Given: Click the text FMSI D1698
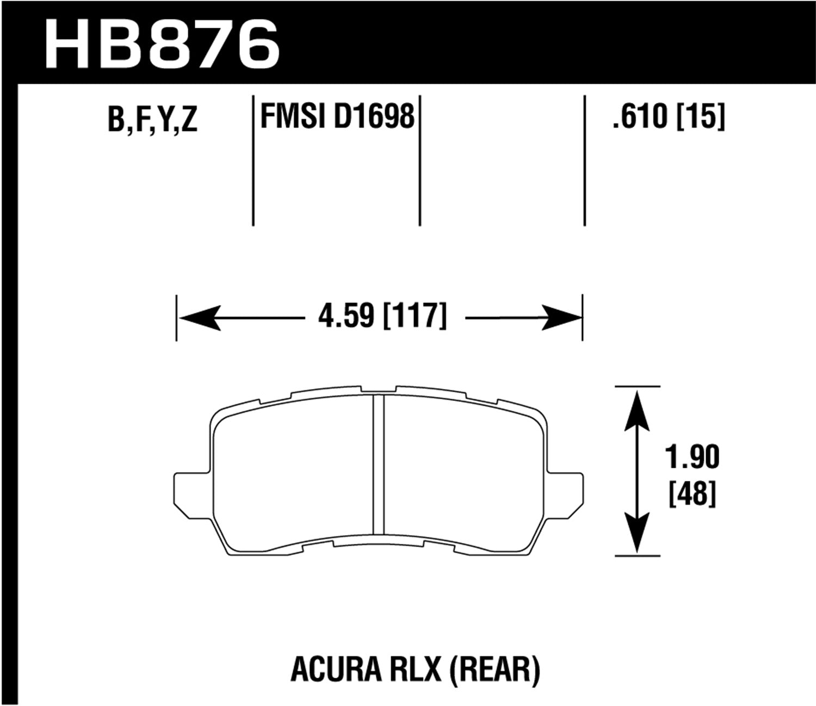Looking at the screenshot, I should [337, 116].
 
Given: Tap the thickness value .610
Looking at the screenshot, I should [639, 116].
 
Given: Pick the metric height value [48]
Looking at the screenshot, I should [692, 494].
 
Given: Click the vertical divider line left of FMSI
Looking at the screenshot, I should [253, 160].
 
